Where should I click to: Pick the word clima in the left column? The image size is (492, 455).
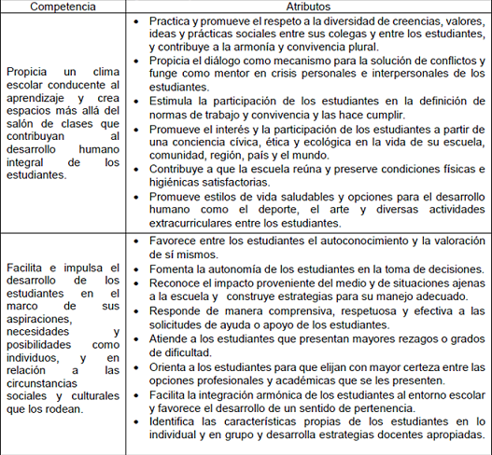point(104,71)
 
